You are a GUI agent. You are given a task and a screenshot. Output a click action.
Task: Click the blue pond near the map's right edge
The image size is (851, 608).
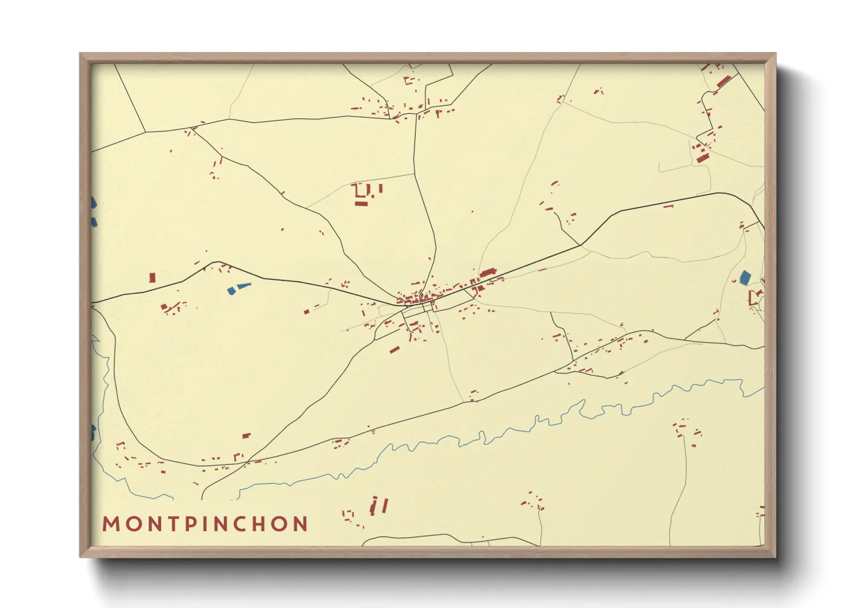coord(745,278)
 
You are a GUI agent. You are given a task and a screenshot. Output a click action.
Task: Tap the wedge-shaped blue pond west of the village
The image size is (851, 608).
coord(244,285)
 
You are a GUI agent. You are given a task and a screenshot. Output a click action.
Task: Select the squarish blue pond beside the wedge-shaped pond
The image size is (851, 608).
coord(231,291)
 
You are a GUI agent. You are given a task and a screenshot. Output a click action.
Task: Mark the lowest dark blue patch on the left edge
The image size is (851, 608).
coord(93,433)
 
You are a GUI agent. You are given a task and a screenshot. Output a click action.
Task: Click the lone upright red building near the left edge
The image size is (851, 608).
coord(152,278)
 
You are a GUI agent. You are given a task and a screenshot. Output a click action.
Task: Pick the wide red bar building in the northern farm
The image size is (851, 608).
coord(361,203)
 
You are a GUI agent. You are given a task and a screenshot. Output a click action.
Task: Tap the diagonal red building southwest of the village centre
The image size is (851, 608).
coord(394,349)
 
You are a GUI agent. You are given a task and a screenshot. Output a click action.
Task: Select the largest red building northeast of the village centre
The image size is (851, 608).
coord(488,272)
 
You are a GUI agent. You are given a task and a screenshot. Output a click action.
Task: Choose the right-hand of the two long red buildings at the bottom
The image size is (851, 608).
coord(385,505)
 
